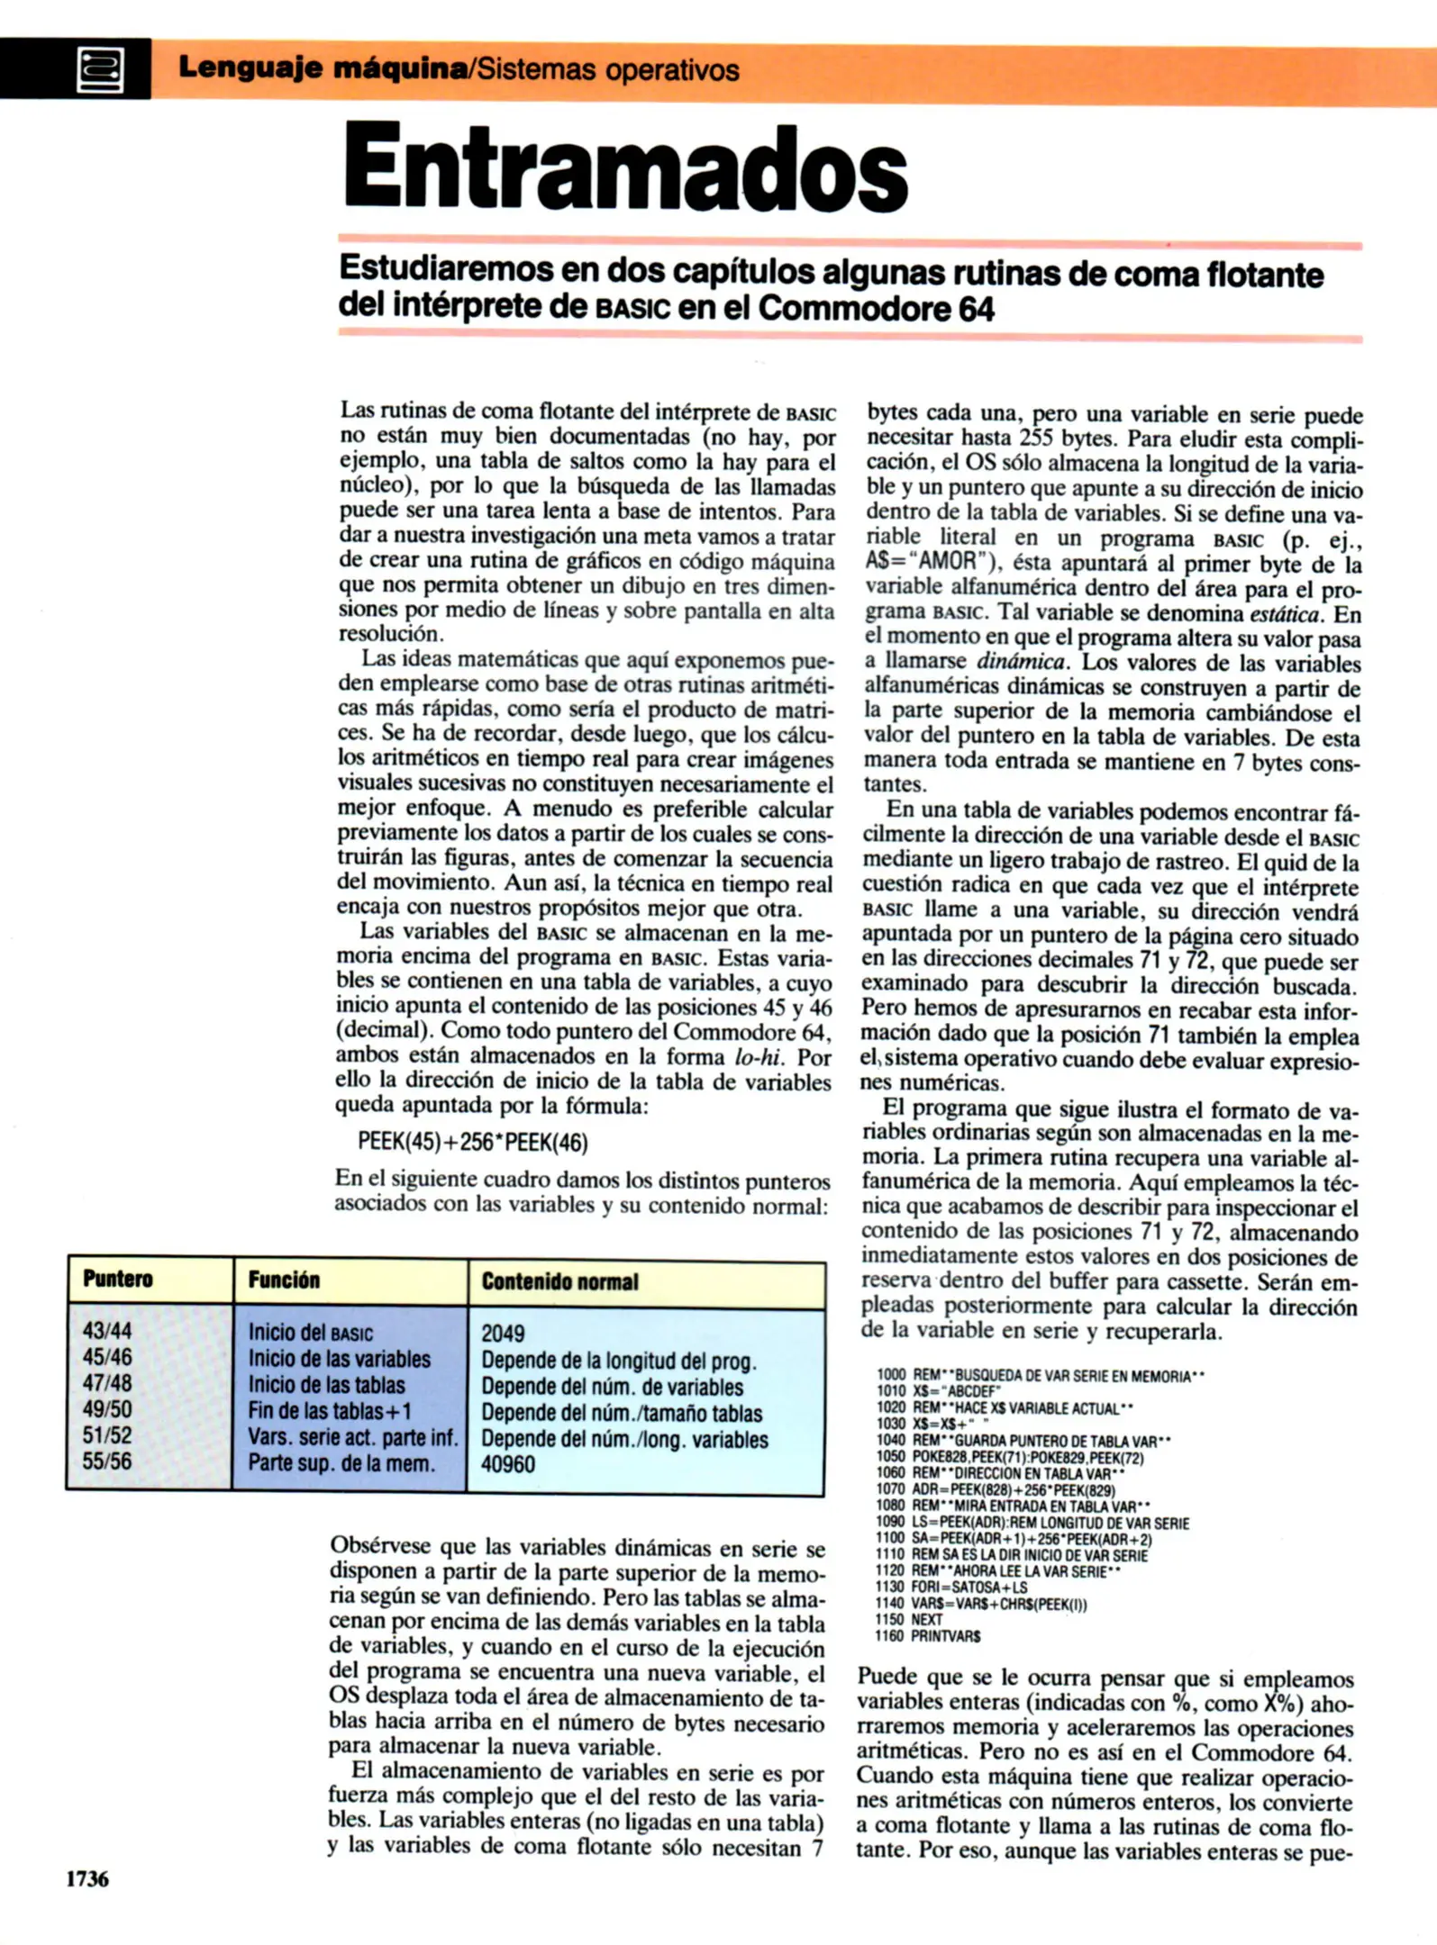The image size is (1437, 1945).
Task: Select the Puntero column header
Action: (x=118, y=1279)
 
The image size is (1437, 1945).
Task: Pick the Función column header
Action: (x=284, y=1280)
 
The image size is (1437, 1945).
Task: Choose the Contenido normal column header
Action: (x=559, y=1281)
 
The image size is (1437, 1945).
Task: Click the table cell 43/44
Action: (x=107, y=1330)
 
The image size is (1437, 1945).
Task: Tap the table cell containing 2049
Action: (x=503, y=1333)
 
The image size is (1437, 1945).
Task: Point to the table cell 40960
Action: (x=508, y=1463)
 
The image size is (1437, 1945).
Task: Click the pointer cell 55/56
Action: (x=107, y=1461)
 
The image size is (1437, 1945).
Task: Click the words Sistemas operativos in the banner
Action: (x=608, y=70)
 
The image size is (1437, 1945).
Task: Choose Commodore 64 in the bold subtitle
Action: (x=876, y=309)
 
